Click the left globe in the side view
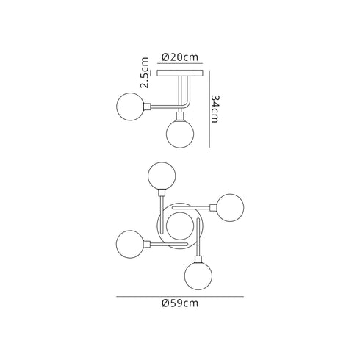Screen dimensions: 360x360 (x=132, y=107)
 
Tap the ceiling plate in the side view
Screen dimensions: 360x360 (x=179, y=76)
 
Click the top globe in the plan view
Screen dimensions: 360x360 (x=162, y=177)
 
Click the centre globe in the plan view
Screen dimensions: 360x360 (x=179, y=226)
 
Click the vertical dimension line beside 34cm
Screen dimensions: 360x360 (x=211, y=108)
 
